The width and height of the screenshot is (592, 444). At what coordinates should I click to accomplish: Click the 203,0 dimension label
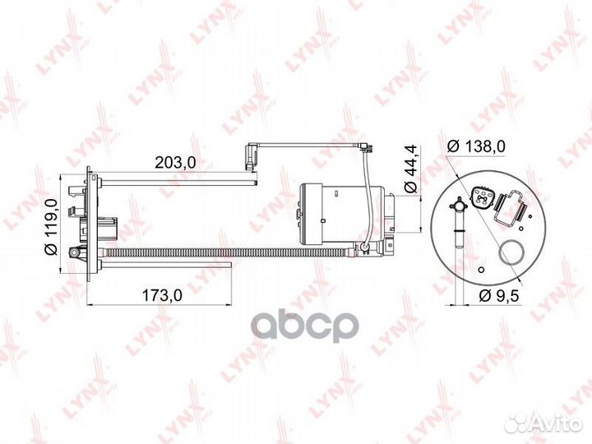(x=175, y=163)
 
